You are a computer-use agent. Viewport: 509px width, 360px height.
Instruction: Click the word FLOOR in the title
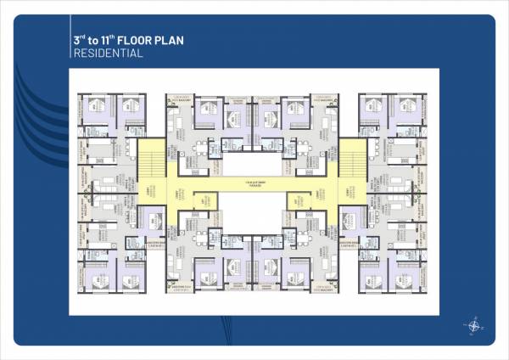coord(137,39)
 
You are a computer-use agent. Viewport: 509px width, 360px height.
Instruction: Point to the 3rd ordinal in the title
coord(79,39)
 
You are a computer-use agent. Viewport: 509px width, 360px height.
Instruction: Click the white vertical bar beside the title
coord(69,46)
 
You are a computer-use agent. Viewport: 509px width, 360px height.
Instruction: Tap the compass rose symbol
coord(472,325)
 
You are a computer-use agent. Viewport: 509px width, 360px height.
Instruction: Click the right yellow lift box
coord(299,200)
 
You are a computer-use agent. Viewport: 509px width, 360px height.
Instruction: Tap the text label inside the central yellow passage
coord(251,184)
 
